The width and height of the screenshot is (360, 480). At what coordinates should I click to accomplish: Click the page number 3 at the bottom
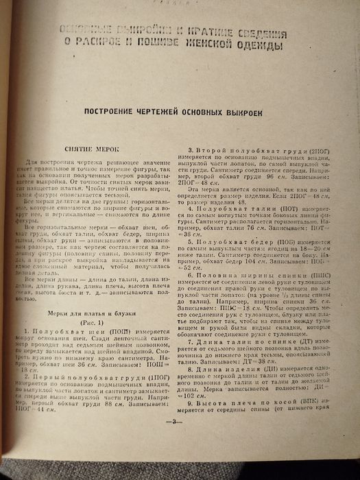[173, 440]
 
